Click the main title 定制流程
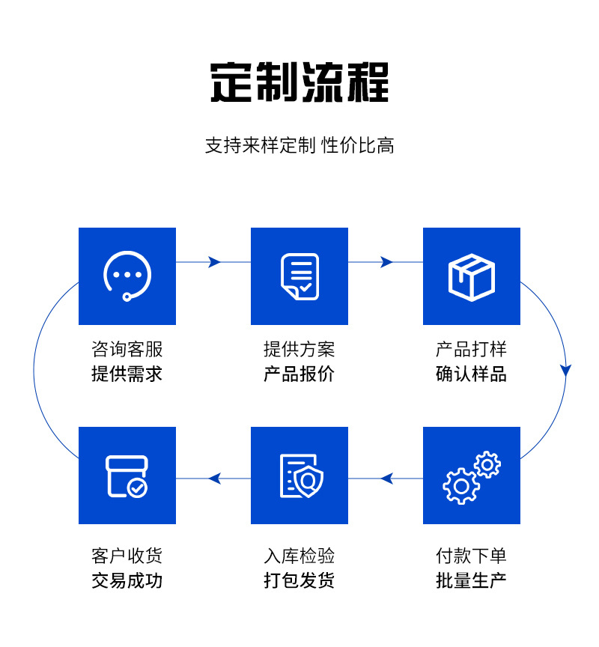tap(299, 82)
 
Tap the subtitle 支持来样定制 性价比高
tap(299, 145)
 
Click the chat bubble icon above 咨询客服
tap(127, 276)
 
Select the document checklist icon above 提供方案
tap(299, 276)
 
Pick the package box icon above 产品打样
tap(472, 276)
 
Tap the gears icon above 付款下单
tap(472, 476)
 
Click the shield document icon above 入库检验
tap(299, 476)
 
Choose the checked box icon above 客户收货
tap(127, 476)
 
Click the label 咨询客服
tap(127, 350)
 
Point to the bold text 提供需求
tap(127, 374)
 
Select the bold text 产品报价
tap(299, 374)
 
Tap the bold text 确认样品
tap(472, 374)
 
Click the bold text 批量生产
tap(472, 580)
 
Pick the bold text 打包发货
tap(299, 580)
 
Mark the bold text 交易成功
tap(127, 580)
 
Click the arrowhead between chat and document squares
tap(215, 262)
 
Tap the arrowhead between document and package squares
tap(387, 262)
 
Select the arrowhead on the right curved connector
tap(566, 370)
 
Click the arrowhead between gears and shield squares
tap(386, 478)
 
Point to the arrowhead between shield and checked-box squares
tap(214, 478)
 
